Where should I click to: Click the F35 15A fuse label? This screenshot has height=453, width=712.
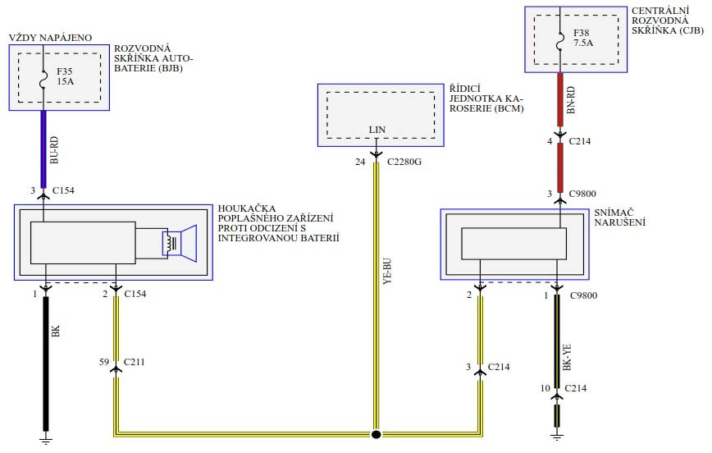point(65,76)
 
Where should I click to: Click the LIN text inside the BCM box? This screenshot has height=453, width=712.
point(377,130)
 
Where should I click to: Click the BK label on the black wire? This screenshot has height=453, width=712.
point(57,332)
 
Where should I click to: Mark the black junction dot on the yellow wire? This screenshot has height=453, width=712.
point(377,434)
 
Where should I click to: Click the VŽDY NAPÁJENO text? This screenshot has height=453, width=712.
point(50,38)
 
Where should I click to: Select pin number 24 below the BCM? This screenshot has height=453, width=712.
point(359,162)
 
